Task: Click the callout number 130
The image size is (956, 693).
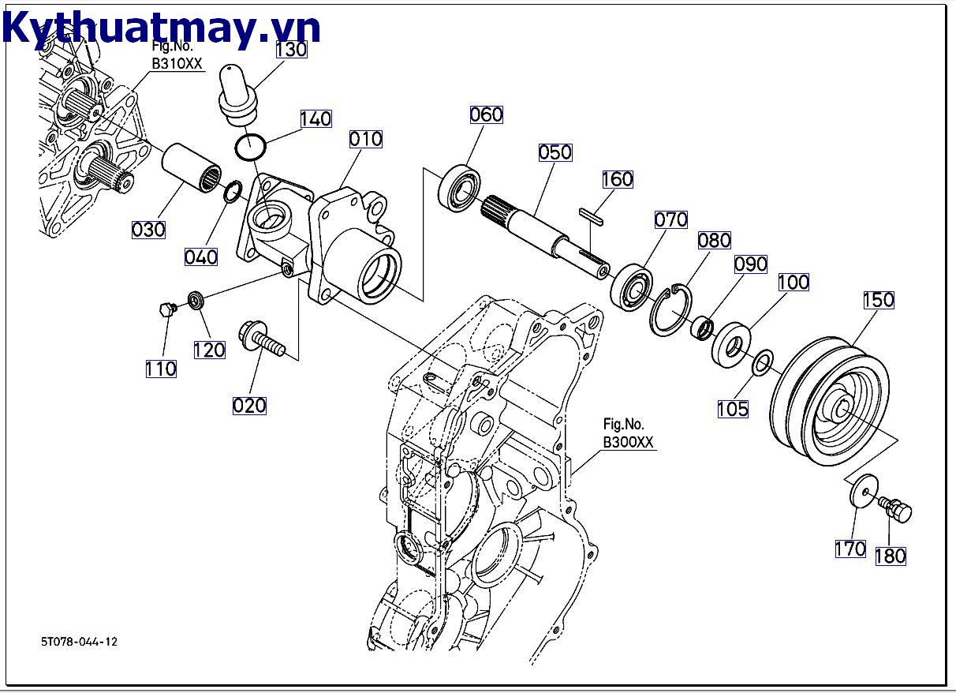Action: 291,49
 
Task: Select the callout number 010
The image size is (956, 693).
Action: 366,139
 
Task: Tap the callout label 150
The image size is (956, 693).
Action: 878,300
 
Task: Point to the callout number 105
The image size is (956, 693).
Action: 733,409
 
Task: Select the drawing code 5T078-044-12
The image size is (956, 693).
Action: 79,642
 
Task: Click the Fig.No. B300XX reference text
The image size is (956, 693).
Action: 629,433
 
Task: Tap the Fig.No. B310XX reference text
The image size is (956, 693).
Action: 177,56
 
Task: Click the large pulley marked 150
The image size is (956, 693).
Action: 828,403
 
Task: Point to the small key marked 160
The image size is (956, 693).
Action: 592,214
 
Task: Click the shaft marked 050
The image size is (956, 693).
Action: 544,233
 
